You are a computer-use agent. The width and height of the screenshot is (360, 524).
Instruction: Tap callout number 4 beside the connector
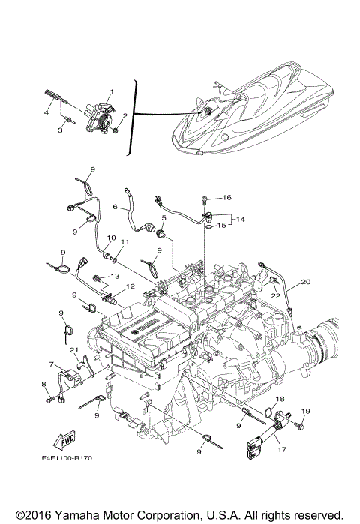(46, 112)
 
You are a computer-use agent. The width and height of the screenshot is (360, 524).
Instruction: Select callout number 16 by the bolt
(227, 198)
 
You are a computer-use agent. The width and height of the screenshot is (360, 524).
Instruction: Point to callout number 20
(305, 282)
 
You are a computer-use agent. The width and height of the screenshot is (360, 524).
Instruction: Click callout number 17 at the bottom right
(282, 450)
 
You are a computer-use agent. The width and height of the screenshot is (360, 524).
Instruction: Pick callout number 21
(73, 350)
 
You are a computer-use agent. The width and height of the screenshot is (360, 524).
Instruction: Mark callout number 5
(161, 218)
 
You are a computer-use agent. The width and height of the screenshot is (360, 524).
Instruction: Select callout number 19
(305, 412)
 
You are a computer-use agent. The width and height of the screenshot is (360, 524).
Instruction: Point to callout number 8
(44, 385)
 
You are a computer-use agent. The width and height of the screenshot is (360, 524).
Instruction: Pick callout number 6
(115, 207)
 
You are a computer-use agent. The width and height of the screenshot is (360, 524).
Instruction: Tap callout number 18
(279, 398)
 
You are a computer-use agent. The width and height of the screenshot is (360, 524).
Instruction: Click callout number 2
(125, 116)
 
